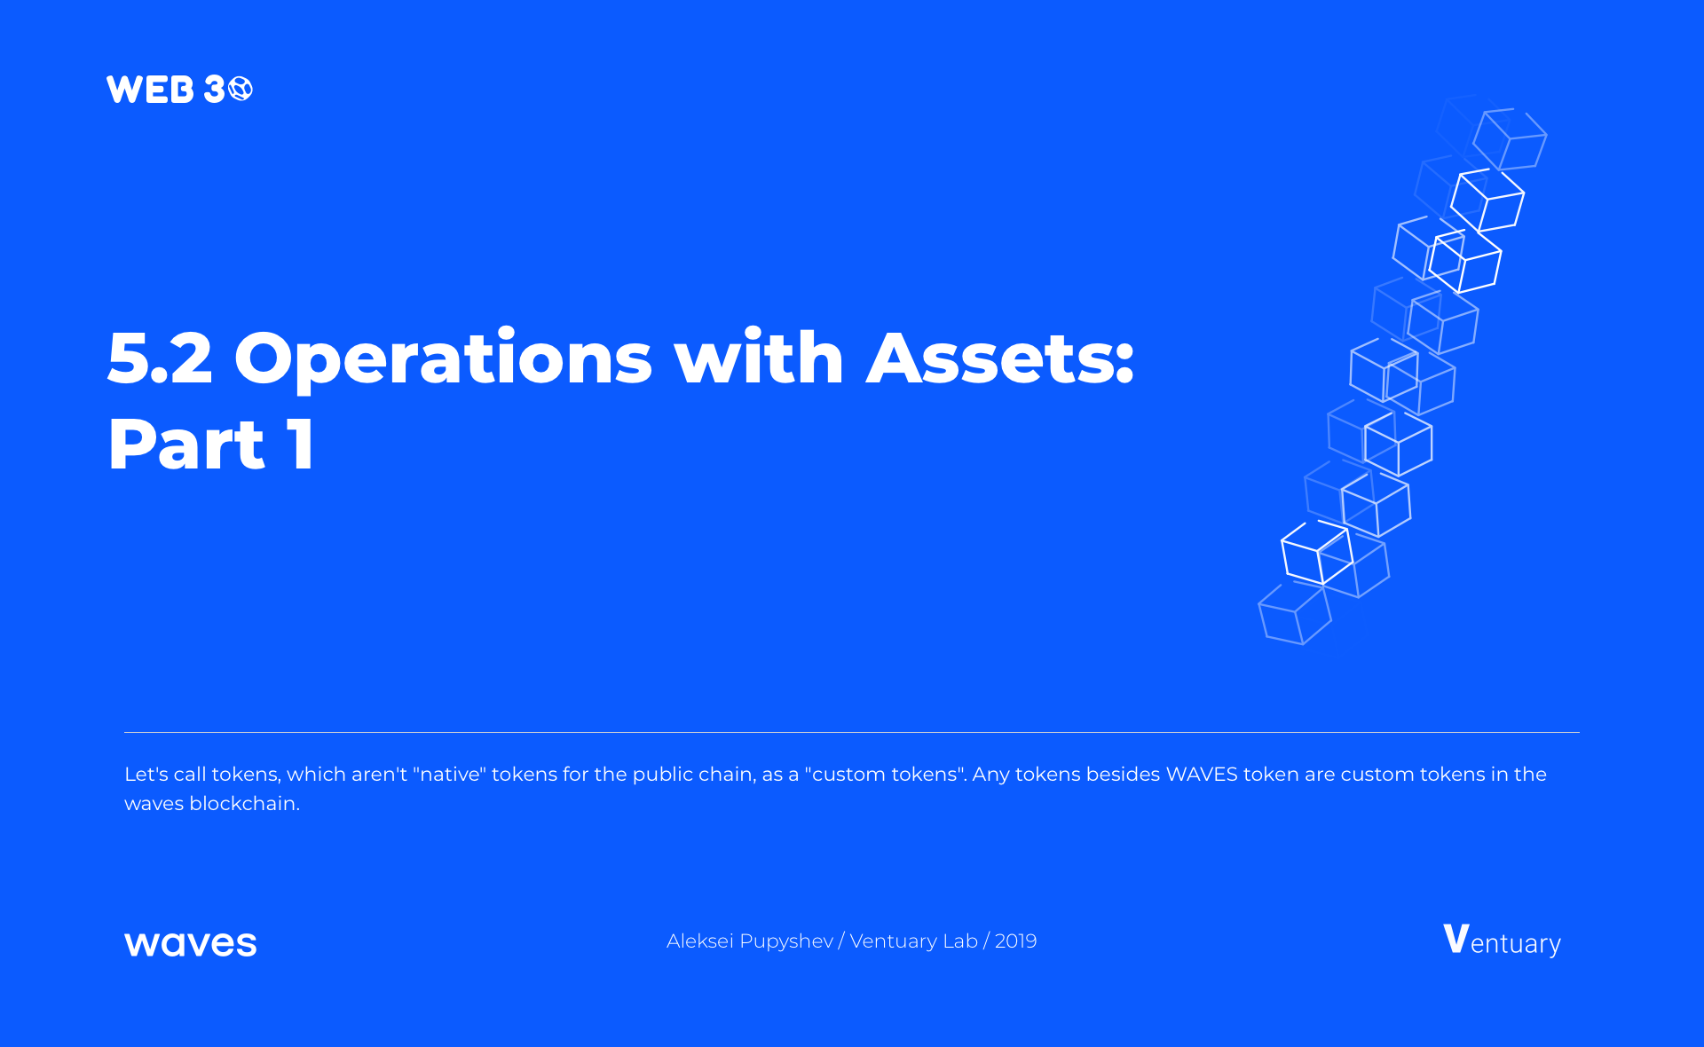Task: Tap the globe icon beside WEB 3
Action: tap(241, 89)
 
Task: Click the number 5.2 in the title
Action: tap(160, 358)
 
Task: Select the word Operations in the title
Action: tap(443, 359)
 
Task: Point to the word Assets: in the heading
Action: tap(1000, 358)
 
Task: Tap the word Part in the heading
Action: tap(186, 444)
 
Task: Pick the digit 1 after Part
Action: tap(301, 444)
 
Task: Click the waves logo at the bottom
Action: tap(191, 943)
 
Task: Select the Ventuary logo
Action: tap(1502, 941)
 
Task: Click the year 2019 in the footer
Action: tap(1015, 941)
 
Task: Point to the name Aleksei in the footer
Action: tap(700, 941)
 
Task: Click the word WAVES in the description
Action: tap(1202, 774)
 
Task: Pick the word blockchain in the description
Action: tap(242, 803)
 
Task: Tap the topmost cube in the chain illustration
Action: tap(1510, 138)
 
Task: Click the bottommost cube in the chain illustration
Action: tap(1295, 614)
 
